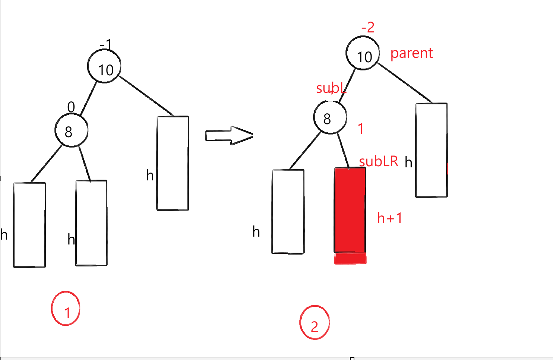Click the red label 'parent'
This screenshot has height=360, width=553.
411,53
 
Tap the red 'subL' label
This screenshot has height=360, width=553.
331,88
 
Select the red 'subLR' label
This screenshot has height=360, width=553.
379,161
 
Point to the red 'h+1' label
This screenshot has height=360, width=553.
389,218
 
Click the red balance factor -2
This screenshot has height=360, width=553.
368,28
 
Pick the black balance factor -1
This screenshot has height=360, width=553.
106,45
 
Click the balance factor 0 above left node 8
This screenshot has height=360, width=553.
71,107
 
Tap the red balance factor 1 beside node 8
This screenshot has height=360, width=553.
360,129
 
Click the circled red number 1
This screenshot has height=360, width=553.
66,309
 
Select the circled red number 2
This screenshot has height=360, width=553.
315,323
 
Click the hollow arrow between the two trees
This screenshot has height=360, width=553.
228,135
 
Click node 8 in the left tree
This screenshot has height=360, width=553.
71,130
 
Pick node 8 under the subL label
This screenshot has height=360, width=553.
330,117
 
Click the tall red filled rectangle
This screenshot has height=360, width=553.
350,210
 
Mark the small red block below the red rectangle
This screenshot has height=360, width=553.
350,259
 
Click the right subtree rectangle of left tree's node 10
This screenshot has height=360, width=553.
173,163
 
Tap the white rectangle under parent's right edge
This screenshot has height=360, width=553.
431,150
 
